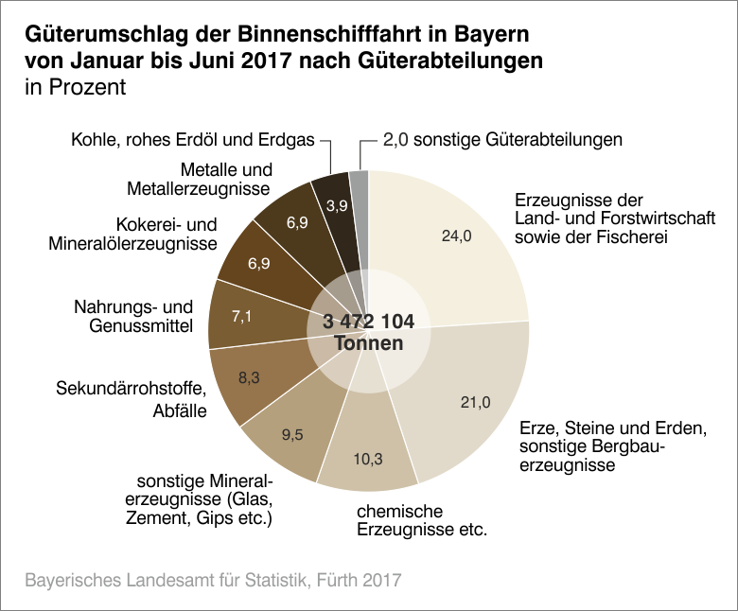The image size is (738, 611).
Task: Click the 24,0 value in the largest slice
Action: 456,236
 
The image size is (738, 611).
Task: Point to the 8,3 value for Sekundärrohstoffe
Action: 249,377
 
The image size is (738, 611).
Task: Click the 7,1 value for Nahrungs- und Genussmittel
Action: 242,316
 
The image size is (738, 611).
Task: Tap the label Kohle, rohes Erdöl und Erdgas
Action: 192,140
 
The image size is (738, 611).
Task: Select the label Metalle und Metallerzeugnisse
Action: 199,180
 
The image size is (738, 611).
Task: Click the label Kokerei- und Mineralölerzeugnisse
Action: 132,235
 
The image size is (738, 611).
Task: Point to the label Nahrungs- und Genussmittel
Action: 133,317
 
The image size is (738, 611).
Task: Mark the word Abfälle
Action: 180,411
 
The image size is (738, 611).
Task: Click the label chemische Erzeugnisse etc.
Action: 421,520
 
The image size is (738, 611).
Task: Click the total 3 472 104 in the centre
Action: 368,322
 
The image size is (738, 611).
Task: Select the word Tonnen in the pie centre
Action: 369,343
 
